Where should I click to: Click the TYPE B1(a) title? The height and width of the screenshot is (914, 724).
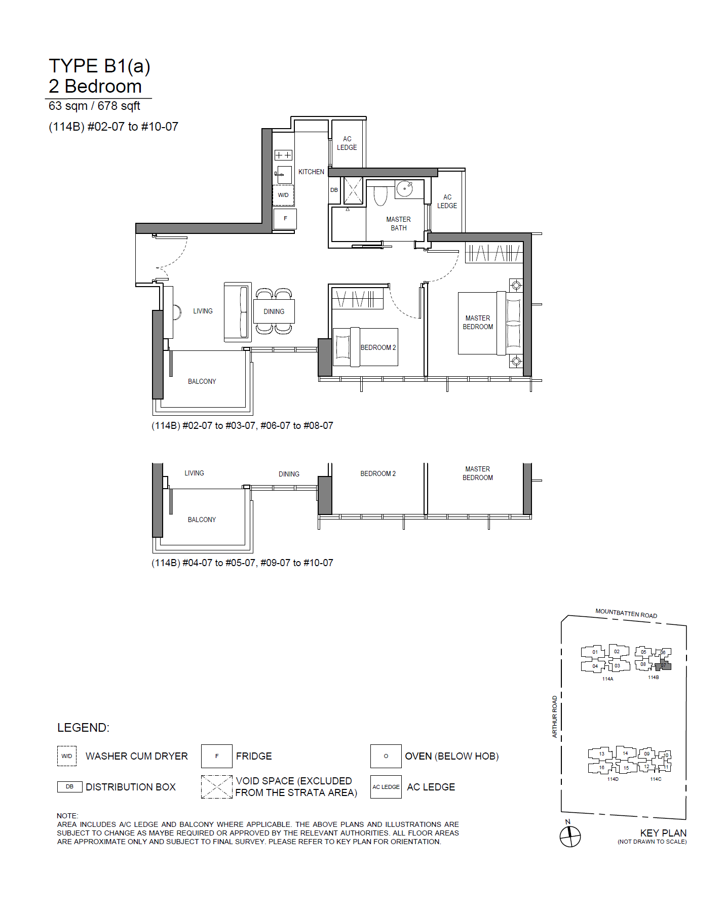(x=99, y=66)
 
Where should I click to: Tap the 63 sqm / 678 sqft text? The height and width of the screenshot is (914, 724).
(x=94, y=106)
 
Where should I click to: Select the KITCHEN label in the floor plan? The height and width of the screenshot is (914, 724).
(x=311, y=172)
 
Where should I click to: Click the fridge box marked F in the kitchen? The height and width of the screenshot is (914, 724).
(x=285, y=219)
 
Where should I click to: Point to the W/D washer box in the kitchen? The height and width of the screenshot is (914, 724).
(x=283, y=195)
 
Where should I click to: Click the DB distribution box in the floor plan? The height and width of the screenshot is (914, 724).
(x=334, y=190)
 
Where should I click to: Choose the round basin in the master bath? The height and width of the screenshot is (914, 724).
(x=404, y=189)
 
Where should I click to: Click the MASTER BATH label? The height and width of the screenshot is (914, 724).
(x=399, y=224)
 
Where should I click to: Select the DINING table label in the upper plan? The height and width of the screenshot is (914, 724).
(x=274, y=312)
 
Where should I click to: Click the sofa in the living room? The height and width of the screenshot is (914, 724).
(x=238, y=312)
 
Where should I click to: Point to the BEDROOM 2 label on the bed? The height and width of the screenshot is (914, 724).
(x=378, y=348)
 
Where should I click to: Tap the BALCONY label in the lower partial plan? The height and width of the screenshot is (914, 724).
(x=202, y=520)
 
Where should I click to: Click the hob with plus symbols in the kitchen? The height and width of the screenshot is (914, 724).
(x=283, y=155)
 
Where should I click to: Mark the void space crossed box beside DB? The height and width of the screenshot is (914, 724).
(x=353, y=190)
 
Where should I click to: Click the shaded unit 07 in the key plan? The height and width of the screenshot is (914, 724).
(x=663, y=665)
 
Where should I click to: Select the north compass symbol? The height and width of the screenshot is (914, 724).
(x=570, y=836)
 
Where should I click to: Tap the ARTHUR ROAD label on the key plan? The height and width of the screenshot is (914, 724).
(x=555, y=717)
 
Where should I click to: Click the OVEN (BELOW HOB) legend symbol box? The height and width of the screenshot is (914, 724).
(x=386, y=757)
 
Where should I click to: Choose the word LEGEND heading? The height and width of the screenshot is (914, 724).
(x=83, y=728)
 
